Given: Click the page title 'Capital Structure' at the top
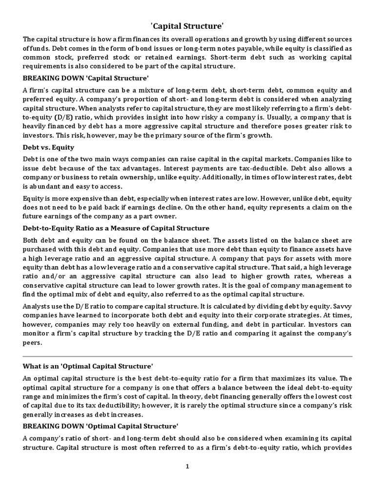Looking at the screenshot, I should pos(187,25).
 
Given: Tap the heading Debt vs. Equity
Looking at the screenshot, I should pos(48,147).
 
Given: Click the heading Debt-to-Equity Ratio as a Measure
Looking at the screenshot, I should pos(116,228).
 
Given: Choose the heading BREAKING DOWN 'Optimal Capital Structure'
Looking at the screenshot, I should pos(100,425).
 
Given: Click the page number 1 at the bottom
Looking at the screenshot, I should pos(187,467).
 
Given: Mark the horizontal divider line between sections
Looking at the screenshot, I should pos(187,356).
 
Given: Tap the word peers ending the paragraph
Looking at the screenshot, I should pos(33,343).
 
